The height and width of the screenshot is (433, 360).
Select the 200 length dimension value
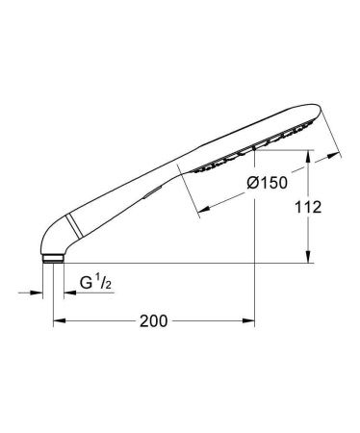(x=154, y=321)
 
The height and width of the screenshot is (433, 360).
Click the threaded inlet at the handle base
(x=51, y=258)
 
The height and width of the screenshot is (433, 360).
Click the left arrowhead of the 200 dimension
(x=57, y=321)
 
